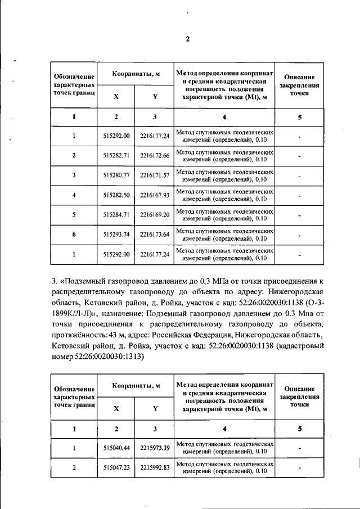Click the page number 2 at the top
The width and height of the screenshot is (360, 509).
[188, 39]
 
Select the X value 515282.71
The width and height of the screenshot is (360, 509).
[116, 155]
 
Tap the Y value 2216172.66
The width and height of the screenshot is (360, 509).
[155, 155]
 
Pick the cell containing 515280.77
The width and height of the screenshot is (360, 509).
[116, 175]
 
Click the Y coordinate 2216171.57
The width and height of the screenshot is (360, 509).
[155, 175]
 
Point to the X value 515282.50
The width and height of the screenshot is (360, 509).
[116, 195]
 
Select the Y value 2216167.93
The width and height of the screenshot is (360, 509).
[155, 195]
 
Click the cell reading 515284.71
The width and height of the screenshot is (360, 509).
[116, 215]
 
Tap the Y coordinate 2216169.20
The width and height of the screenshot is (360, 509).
[155, 215]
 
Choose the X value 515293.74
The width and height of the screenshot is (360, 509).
[116, 235]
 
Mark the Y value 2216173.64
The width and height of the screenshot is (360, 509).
[155, 235]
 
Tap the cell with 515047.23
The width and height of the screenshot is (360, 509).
[116, 467]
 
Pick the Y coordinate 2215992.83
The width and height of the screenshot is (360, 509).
[155, 467]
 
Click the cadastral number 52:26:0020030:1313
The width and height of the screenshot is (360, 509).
[105, 357]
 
